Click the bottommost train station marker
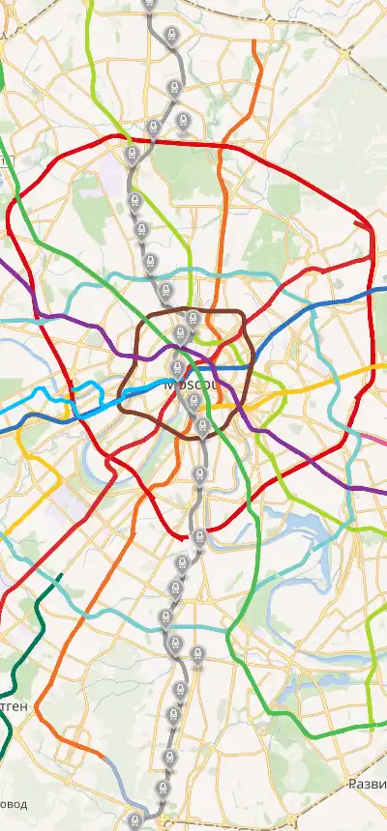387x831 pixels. [134, 820]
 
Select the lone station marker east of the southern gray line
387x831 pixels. [198, 655]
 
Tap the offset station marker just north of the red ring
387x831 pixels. [184, 121]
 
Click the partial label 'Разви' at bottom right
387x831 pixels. [367, 784]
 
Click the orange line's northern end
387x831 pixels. [255, 43]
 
